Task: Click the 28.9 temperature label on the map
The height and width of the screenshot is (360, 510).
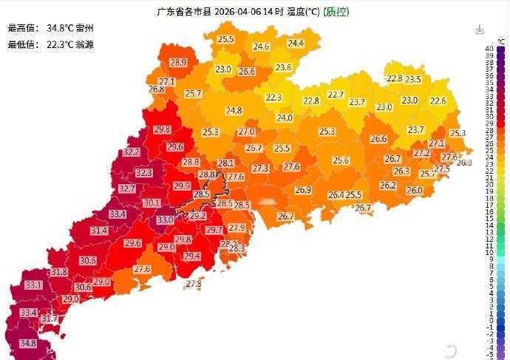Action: [178, 63]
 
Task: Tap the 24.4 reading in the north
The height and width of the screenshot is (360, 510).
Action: [296, 44]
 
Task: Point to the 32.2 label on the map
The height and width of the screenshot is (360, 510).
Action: [132, 152]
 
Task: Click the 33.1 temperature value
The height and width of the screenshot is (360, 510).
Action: [33, 285]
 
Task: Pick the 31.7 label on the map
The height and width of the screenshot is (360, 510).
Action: [49, 318]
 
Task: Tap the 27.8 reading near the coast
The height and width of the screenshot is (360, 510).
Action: [194, 284]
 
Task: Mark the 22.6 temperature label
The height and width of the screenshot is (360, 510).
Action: [438, 101]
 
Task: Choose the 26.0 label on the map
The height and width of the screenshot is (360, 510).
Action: [415, 190]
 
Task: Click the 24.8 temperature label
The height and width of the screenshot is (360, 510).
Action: [234, 111]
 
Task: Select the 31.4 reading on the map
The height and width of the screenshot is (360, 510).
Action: [99, 231]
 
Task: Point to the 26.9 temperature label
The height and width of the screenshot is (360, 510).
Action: [303, 190]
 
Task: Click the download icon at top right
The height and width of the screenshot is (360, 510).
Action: [480, 30]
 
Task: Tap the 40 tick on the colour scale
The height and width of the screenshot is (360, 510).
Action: [489, 49]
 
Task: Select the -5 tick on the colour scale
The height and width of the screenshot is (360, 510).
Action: [489, 355]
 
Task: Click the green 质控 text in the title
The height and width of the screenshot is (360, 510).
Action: [337, 12]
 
